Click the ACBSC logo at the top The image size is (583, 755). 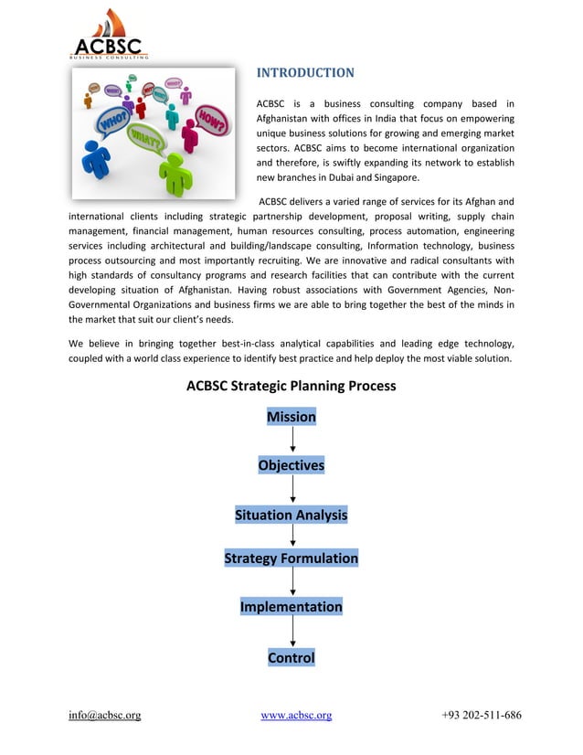pos(109,35)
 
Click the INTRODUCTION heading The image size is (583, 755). pos(304,72)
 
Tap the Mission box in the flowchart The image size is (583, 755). pos(291,417)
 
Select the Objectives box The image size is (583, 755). pos(291,465)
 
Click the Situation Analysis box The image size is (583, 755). pos(291,515)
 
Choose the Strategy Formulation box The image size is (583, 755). pos(291,558)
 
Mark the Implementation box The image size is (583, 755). pos(291,607)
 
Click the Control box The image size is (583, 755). pos(291,657)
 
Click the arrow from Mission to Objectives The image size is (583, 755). pos(292,441)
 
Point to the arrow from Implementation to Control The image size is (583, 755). pos(292,632)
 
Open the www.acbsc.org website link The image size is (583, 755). pos(296,715)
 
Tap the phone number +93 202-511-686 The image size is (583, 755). pos(481,715)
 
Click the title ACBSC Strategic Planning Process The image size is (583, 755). pos(291,386)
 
